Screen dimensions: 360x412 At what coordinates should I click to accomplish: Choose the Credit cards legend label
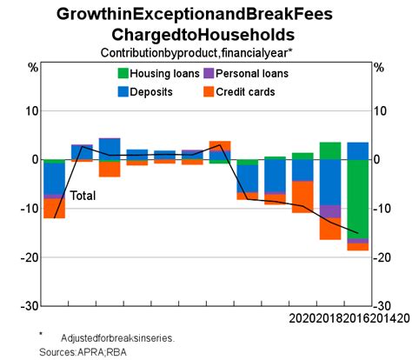246,90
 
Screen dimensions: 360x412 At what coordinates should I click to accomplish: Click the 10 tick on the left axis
32,110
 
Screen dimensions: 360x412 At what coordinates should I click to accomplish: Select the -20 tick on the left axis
30,257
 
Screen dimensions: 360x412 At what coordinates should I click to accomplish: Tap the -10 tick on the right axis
381,209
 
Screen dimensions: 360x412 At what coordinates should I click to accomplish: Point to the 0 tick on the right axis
376,160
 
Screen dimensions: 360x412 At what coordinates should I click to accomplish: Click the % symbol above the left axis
34,67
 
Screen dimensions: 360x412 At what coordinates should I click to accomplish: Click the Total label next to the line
83,196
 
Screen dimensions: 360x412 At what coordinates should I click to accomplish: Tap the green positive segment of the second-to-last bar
330,150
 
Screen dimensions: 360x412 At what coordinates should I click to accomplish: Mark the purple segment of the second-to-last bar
330,211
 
